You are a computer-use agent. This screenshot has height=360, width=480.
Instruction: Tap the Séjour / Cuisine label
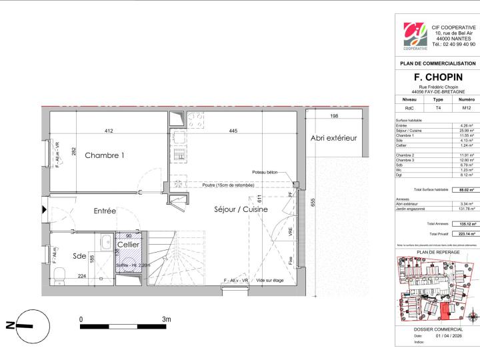pos(241,209)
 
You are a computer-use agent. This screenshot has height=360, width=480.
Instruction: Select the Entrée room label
pos(105,211)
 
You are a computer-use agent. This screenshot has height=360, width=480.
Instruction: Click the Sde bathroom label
pos(79,257)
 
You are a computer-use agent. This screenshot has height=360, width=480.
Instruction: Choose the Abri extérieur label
pos(333,138)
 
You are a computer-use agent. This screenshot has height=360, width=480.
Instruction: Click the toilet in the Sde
pos(59,274)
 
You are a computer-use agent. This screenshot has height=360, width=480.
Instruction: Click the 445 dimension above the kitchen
pos(233,131)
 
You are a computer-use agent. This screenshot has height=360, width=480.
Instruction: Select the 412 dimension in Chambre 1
pos(109,131)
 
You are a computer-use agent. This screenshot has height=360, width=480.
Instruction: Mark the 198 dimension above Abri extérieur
pos(333,116)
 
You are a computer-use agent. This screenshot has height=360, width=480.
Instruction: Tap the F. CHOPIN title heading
pos(437,77)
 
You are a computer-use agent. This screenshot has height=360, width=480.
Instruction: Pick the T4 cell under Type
pos(437,107)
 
